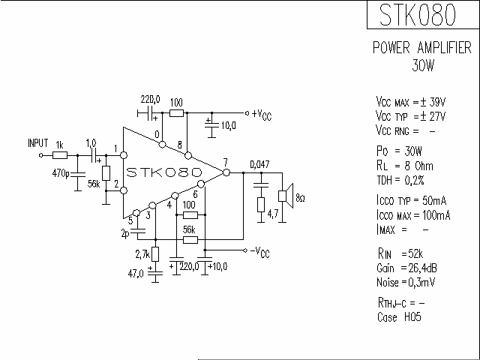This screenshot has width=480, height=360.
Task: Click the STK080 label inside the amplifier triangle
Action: [163, 172]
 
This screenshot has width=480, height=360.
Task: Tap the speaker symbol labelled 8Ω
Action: [284, 196]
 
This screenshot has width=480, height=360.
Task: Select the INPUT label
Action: [37, 142]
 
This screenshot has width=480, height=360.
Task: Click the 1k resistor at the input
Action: [61, 156]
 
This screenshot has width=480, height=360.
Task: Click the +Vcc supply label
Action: [261, 114]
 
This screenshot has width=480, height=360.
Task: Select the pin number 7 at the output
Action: [225, 163]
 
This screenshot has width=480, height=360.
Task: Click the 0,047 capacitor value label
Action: [259, 164]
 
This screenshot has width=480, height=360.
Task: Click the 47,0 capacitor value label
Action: [136, 274]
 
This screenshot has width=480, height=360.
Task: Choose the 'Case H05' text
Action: [398, 317]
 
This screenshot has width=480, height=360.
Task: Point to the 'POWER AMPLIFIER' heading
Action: [422, 48]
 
